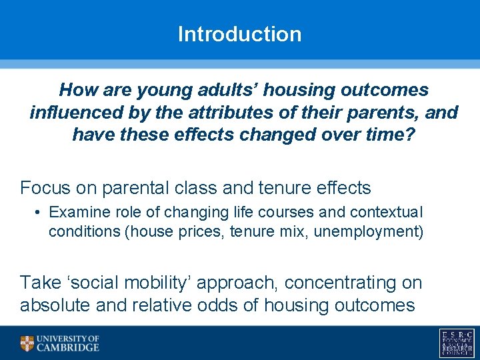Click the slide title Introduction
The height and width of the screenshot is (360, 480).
coord(240,34)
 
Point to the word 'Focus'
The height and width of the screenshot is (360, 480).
coord(45,187)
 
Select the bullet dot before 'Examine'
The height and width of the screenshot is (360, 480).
coord(37,212)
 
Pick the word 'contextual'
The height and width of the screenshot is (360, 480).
coord(386,212)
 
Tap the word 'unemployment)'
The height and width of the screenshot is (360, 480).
coord(369,231)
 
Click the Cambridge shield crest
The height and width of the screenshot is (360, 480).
coord(27,343)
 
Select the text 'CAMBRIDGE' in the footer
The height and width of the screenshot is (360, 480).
coord(68,347)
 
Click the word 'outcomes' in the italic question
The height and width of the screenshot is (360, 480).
coord(385,90)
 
